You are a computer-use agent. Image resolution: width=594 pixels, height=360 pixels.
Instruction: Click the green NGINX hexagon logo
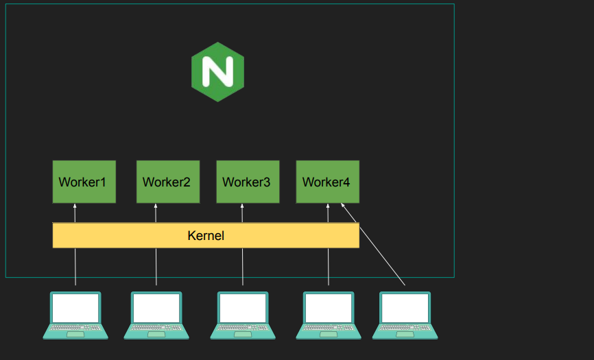click(217, 71)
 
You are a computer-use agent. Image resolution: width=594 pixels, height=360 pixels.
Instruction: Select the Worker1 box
click(84, 182)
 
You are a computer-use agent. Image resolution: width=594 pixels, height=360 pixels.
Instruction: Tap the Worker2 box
click(167, 182)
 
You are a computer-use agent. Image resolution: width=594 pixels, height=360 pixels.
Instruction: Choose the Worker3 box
click(248, 182)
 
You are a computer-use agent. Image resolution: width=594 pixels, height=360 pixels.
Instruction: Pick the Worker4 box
click(327, 182)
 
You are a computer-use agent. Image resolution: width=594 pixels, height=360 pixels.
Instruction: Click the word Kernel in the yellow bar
click(206, 236)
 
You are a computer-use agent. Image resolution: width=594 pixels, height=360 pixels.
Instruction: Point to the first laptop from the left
click(75, 315)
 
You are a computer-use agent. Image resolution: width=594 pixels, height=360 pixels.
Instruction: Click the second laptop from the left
click(156, 315)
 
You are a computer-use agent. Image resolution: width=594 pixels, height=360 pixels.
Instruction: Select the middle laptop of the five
click(243, 315)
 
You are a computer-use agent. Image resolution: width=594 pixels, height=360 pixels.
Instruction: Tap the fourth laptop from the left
click(329, 315)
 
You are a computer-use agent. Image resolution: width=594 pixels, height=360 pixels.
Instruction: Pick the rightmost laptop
click(405, 315)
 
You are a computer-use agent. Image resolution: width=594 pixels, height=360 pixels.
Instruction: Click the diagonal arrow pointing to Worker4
click(374, 245)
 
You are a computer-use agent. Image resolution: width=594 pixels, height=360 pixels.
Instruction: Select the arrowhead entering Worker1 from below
click(75, 206)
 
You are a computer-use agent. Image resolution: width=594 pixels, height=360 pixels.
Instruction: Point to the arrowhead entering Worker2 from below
click(156, 206)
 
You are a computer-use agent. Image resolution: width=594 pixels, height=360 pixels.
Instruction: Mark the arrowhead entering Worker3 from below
click(242, 206)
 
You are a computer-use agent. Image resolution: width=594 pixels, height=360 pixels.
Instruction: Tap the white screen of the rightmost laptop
click(405, 309)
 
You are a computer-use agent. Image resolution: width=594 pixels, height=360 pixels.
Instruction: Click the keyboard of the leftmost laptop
click(75, 329)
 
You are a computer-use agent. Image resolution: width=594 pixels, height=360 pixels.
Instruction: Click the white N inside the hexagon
click(217, 71)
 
